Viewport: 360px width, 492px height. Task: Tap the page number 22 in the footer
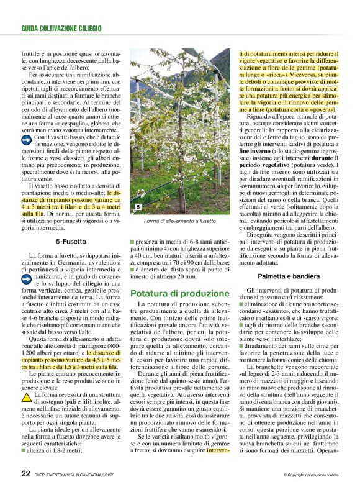click(x=25, y=473)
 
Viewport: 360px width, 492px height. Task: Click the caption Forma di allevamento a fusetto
click(x=179, y=221)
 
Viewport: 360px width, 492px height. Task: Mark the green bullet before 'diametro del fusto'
click(x=132, y=268)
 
